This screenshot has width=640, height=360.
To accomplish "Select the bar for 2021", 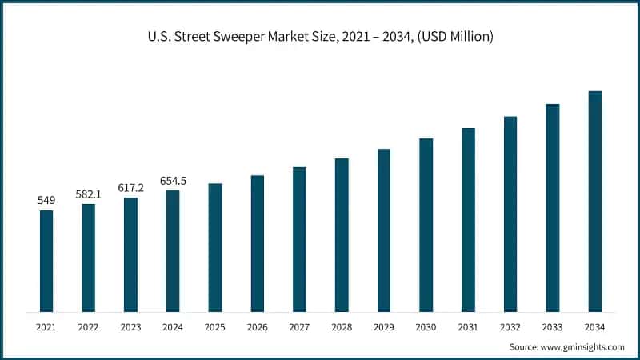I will [46, 261].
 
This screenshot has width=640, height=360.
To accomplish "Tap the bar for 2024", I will [173, 251].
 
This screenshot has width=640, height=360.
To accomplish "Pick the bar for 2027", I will [299, 239].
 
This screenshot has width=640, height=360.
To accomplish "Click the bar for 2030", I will [426, 225].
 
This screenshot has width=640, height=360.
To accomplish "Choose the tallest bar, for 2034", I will [594, 201].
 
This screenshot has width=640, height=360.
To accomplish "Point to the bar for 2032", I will [510, 214].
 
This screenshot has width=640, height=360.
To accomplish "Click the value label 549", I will [46, 200].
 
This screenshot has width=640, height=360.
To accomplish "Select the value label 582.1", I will [88, 194].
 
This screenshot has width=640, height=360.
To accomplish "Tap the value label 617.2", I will [130, 187].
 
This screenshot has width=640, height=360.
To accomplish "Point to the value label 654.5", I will [173, 180].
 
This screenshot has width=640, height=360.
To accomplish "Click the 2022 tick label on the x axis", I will [88, 327].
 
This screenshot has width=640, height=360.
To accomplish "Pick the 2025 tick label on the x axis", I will [215, 327].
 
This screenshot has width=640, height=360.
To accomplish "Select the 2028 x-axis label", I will [342, 327].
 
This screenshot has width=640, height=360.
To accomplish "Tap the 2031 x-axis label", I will [468, 327].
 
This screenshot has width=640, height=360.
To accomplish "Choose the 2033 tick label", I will [552, 327].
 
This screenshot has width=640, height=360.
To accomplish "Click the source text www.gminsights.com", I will [566, 346].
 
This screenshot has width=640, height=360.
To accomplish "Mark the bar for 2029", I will [384, 230].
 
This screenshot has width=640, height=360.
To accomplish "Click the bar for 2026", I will [257, 243].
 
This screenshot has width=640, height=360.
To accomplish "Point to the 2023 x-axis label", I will [130, 327].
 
